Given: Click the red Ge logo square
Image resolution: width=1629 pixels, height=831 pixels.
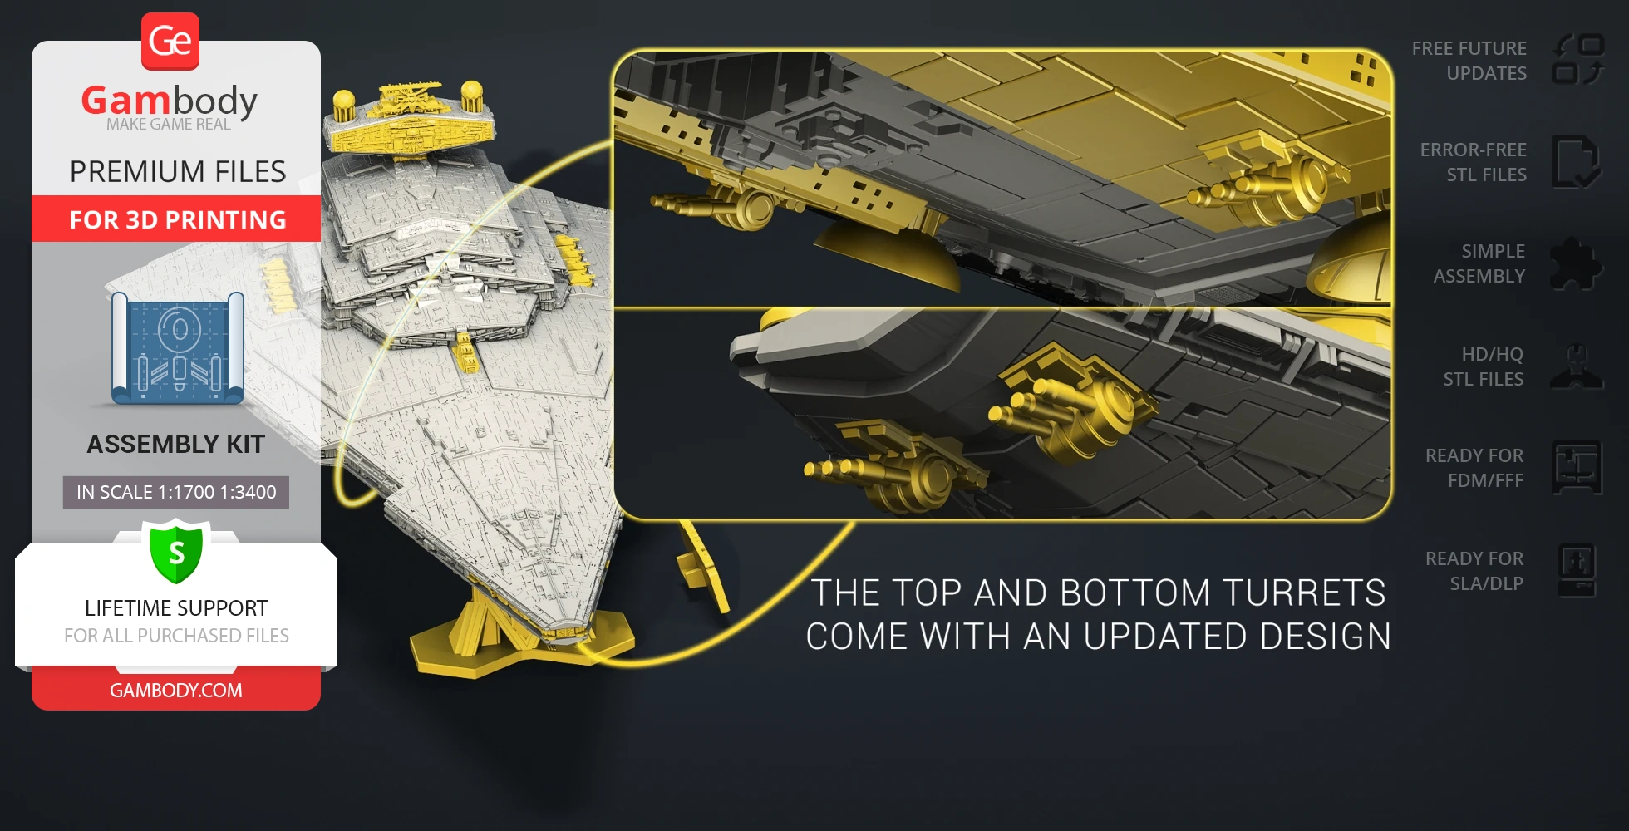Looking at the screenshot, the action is pyautogui.click(x=170, y=41).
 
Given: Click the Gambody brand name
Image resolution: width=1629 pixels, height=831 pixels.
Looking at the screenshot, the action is pyautogui.click(x=169, y=101).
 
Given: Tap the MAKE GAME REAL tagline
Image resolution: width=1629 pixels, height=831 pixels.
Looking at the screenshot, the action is pyautogui.click(x=169, y=125).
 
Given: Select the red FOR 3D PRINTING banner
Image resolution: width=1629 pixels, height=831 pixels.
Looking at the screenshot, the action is pyautogui.click(x=176, y=219).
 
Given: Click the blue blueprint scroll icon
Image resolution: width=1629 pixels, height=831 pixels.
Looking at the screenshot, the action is pyautogui.click(x=178, y=347).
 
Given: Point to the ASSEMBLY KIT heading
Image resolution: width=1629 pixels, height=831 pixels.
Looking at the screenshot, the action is pyautogui.click(x=176, y=445).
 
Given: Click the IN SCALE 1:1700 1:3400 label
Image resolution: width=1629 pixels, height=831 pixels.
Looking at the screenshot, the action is pyautogui.click(x=176, y=492).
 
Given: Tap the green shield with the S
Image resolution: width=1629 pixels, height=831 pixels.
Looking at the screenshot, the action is pyautogui.click(x=176, y=552).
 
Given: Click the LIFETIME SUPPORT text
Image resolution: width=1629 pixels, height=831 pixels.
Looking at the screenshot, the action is pyautogui.click(x=176, y=608).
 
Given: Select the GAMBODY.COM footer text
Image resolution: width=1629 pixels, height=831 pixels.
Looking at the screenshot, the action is pyautogui.click(x=176, y=691).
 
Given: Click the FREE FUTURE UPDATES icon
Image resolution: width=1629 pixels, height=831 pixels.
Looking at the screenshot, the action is pyautogui.click(x=1577, y=60).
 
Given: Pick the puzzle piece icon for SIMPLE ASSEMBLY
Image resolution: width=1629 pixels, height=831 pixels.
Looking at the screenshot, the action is pyautogui.click(x=1576, y=264).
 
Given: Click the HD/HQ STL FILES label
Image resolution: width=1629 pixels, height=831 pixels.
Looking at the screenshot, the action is pyautogui.click(x=1484, y=366).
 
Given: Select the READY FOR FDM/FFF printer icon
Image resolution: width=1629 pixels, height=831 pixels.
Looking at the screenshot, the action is pyautogui.click(x=1577, y=468).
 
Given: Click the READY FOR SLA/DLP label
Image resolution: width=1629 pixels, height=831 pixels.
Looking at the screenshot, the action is pyautogui.click(x=1474, y=571).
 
